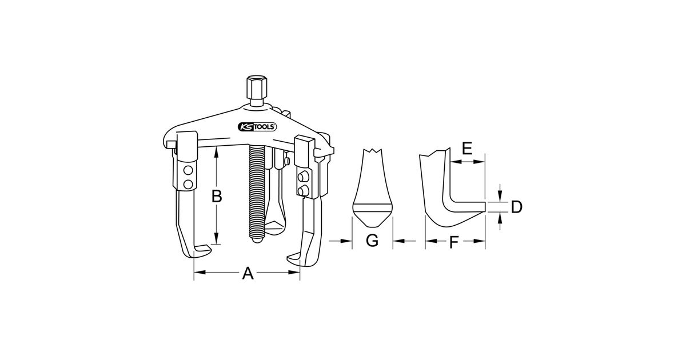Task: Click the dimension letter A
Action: point(248,273)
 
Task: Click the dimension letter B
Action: point(217,196)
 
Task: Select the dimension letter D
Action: point(517,207)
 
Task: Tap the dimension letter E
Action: point(467,149)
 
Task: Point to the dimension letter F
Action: point(453,242)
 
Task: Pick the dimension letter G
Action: point(372,241)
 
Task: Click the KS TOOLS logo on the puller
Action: point(257,127)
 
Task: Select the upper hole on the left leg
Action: point(188,170)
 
